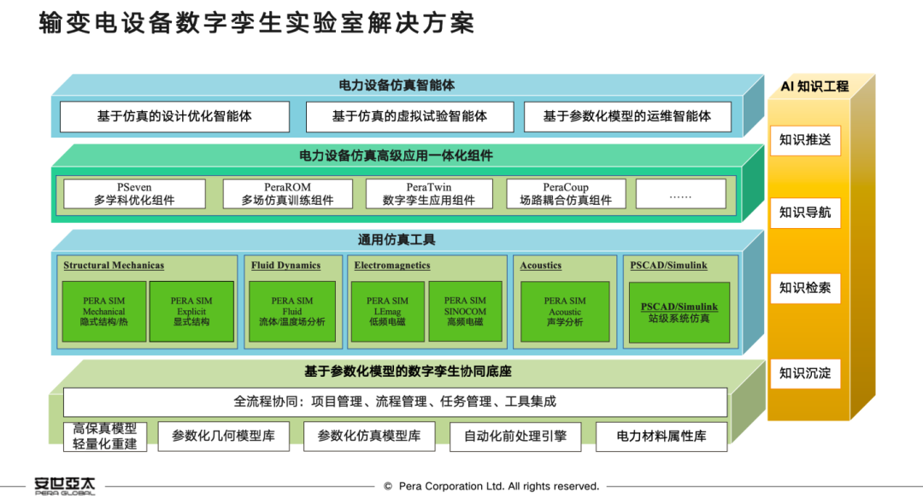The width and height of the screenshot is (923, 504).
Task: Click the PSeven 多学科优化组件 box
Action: [134, 194]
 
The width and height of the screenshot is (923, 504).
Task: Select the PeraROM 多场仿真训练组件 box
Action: [287, 194]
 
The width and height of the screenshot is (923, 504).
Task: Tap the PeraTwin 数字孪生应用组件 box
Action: [429, 194]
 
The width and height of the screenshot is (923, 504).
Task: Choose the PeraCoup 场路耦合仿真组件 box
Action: [566, 194]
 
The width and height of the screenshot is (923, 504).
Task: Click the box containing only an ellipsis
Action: [680, 194]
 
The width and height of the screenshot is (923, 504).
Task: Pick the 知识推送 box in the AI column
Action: [804, 139]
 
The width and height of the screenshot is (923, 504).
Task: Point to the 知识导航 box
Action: [804, 213]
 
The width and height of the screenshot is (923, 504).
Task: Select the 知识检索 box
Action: [804, 288]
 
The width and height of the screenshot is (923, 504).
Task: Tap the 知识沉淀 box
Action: [804, 373]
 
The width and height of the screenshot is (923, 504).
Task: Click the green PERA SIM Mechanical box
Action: [103, 311]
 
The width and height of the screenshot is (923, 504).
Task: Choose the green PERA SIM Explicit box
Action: [191, 311]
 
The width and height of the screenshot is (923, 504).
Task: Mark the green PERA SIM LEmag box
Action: [387, 311]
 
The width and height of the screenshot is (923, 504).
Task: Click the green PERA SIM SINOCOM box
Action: [465, 311]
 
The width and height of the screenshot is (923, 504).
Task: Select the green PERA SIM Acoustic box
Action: [565, 311]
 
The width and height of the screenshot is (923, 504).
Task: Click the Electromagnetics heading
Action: [392, 266]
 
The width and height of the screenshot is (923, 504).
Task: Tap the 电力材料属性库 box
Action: [661, 437]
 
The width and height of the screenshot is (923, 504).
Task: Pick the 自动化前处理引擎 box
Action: [515, 437]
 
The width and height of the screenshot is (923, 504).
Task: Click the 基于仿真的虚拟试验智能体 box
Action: [409, 117]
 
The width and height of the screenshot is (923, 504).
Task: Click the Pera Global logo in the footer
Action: [65, 484]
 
